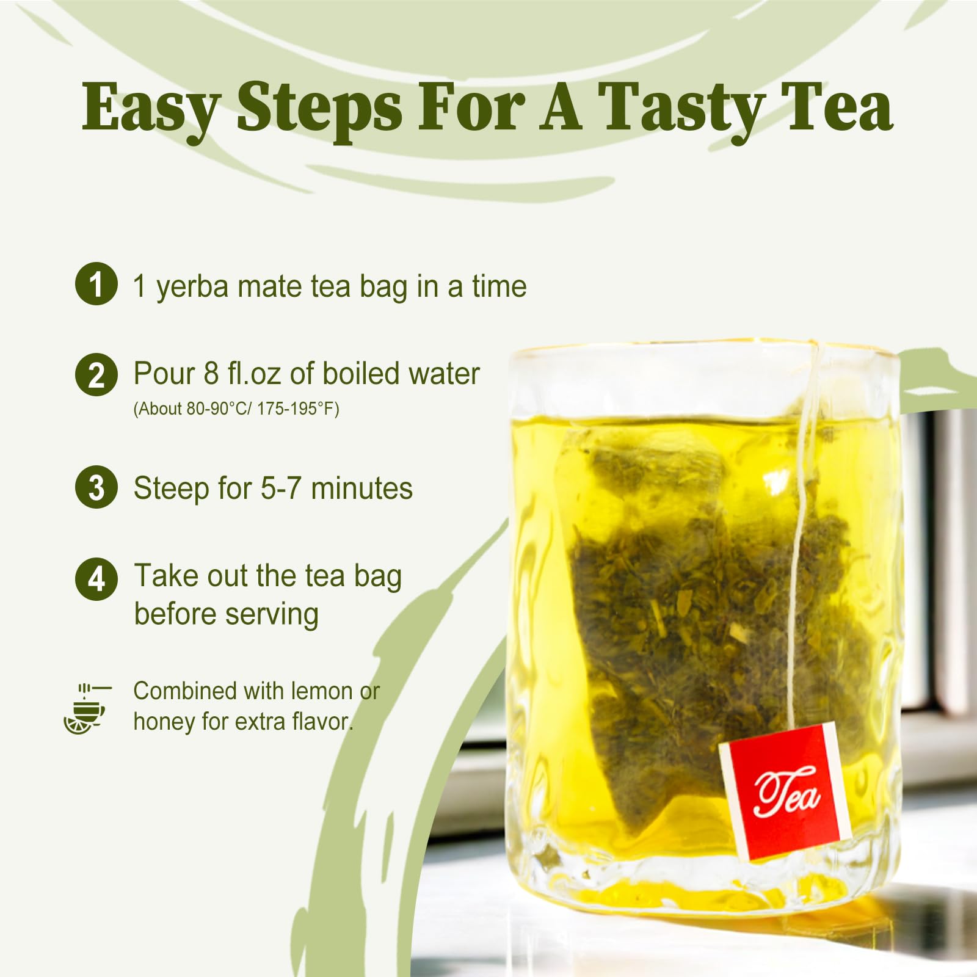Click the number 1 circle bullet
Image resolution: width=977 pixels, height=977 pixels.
pyautogui.click(x=96, y=283)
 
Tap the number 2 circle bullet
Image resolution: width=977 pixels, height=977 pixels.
pyautogui.click(x=96, y=374)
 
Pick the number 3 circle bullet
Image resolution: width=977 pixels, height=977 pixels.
pyautogui.click(x=96, y=487)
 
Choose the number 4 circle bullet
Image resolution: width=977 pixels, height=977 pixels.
pyautogui.click(x=96, y=579)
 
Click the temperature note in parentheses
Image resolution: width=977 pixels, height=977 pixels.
pyautogui.click(x=236, y=409)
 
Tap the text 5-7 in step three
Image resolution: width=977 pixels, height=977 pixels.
pyautogui.click(x=280, y=488)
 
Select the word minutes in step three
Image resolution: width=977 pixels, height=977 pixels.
pyautogui.click(x=361, y=488)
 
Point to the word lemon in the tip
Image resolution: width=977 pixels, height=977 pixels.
pyautogui.click(x=322, y=691)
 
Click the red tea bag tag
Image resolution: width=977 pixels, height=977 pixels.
pyautogui.click(x=785, y=791)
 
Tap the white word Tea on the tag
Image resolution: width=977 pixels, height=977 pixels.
pyautogui.click(x=786, y=793)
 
